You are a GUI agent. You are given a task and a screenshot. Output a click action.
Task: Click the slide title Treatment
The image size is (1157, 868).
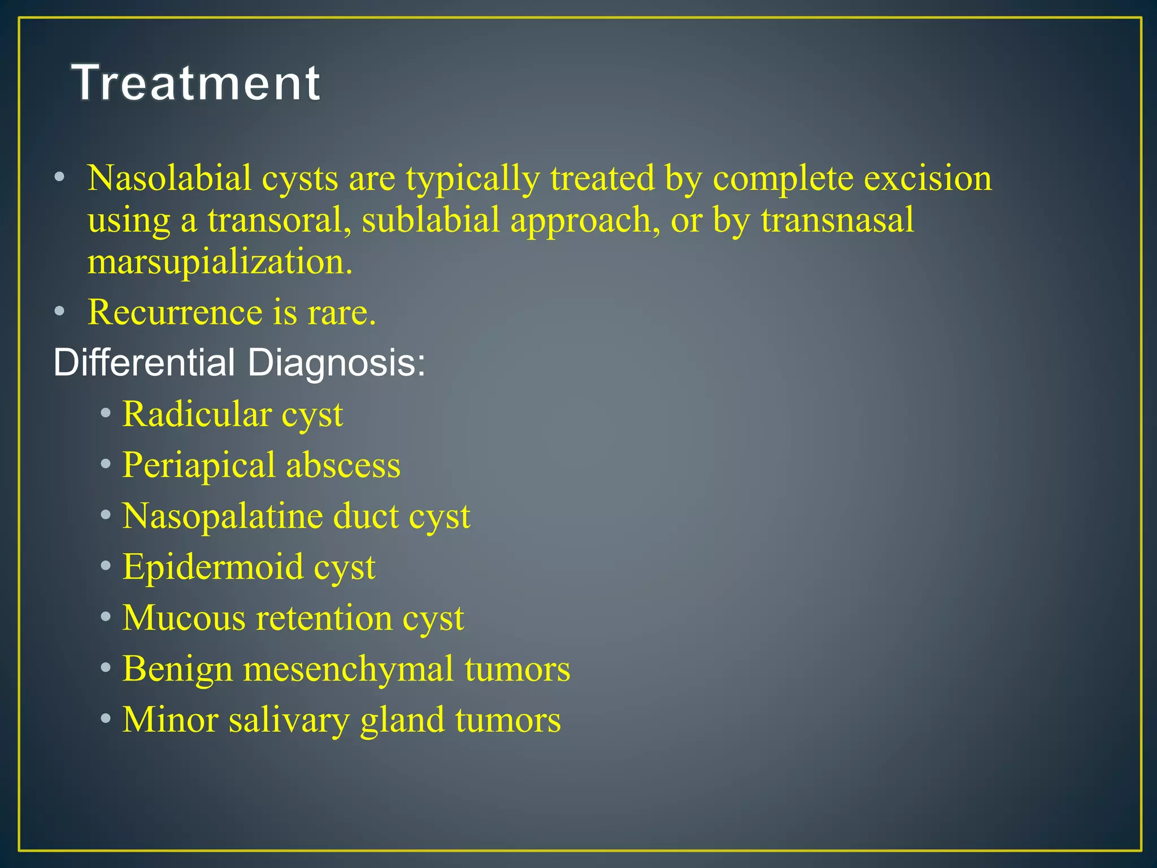coord(196,83)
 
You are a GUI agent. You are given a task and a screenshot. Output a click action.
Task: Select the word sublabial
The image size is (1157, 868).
coord(430,220)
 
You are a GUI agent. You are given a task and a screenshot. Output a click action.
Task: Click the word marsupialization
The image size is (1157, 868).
coord(220,262)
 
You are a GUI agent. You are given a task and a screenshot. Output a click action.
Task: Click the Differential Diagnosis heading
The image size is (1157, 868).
coord(239,362)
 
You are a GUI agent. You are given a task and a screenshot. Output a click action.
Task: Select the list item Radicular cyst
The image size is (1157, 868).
coord(232,414)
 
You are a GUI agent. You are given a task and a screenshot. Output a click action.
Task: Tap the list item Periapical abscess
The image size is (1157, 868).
coord(261,465)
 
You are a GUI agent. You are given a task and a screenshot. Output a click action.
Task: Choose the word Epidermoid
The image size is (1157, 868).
coord(212,567)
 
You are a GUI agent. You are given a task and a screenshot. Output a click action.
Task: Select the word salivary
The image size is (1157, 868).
coord(289,720)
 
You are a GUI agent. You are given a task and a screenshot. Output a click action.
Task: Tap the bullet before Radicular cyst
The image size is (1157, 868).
coord(106,414)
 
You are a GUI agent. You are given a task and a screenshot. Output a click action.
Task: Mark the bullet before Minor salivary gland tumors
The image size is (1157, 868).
coord(106,719)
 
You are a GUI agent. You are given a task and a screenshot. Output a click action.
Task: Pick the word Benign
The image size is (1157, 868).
coord(177,669)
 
